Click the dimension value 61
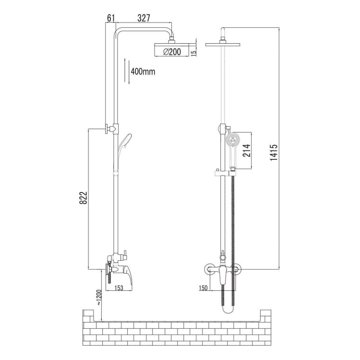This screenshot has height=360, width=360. [111, 18]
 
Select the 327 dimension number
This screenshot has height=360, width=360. [144, 18]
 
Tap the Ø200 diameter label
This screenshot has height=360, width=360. [172, 52]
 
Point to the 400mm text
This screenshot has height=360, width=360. [143, 72]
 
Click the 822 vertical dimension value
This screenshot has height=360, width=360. [84, 198]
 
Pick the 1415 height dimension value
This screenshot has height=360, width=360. [274, 152]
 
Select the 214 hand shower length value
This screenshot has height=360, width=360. [247, 150]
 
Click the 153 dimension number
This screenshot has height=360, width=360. [119, 288]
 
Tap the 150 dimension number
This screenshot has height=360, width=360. [203, 288]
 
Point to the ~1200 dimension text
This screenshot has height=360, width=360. [99, 297]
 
